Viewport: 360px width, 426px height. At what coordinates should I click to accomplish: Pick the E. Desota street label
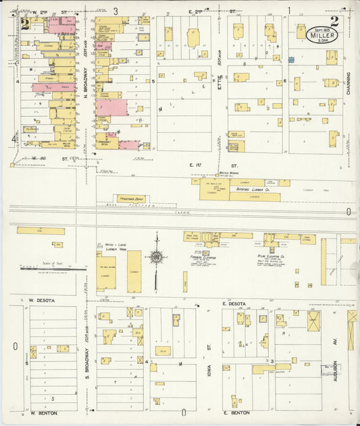point(234,304)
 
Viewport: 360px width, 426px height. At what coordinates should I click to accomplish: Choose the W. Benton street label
point(42,412)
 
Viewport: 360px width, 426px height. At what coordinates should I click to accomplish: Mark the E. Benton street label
point(236,412)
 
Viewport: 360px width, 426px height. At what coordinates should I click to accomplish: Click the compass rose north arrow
point(156,257)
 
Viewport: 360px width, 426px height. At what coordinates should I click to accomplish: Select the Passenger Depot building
point(130,199)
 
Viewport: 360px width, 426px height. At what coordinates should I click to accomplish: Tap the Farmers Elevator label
point(201,256)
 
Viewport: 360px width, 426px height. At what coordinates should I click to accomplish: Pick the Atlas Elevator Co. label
point(284,256)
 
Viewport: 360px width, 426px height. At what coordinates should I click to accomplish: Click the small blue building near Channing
point(291,60)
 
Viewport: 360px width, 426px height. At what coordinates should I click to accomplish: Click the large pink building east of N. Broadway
point(111,107)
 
